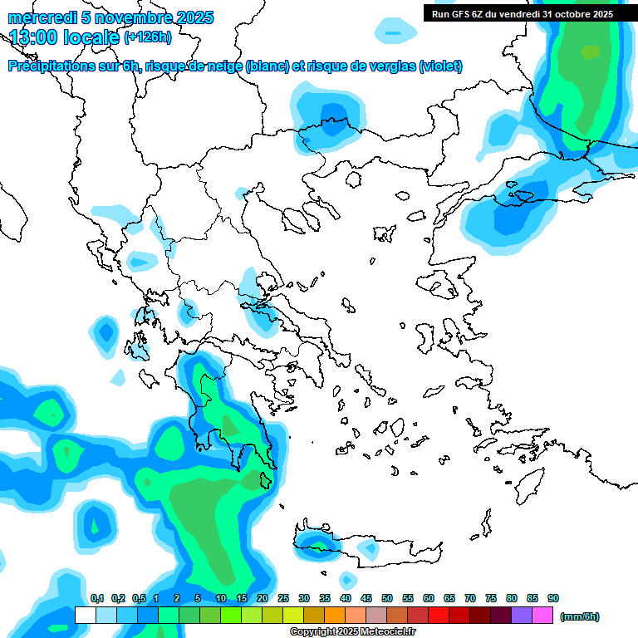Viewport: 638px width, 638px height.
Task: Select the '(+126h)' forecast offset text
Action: click(147, 37)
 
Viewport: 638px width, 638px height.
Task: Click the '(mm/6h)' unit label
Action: click(580, 616)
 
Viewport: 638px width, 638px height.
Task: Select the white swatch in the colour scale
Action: click(85, 616)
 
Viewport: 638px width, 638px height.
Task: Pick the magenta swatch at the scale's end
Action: click(542, 616)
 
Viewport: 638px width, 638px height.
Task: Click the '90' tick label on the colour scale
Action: click(553, 598)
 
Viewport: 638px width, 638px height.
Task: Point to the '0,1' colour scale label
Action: click(96, 598)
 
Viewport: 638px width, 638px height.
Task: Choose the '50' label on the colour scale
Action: click(387, 598)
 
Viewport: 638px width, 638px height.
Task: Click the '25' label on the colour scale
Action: click(283, 598)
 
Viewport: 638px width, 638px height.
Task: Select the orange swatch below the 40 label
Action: click(335, 616)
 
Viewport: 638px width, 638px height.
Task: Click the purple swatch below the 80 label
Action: click(522, 616)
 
